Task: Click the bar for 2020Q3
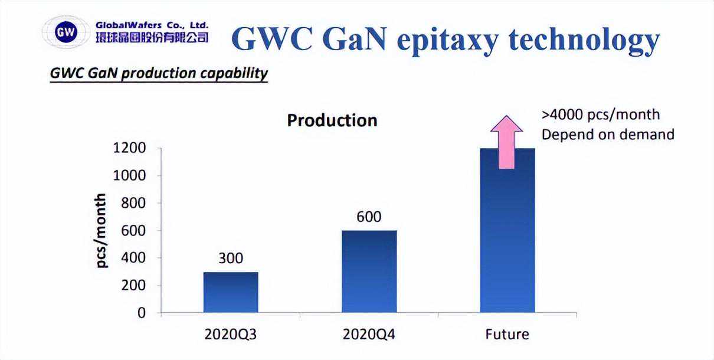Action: click(231, 292)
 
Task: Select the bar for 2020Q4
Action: click(369, 271)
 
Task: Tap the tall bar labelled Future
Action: click(507, 236)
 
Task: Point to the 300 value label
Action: click(230, 258)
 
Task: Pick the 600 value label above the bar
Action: click(369, 217)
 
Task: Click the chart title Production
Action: click(332, 120)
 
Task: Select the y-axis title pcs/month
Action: click(101, 230)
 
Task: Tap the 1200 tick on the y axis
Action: click(129, 148)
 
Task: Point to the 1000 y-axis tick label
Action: click(129, 176)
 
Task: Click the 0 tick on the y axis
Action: click(141, 313)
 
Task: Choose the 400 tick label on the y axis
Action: click(133, 258)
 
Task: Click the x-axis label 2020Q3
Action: click(231, 335)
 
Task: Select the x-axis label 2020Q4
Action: click(369, 335)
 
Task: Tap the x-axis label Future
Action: click(507, 335)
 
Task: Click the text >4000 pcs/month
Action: click(600, 114)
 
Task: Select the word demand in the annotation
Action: click(648, 135)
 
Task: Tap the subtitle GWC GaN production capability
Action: click(159, 73)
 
